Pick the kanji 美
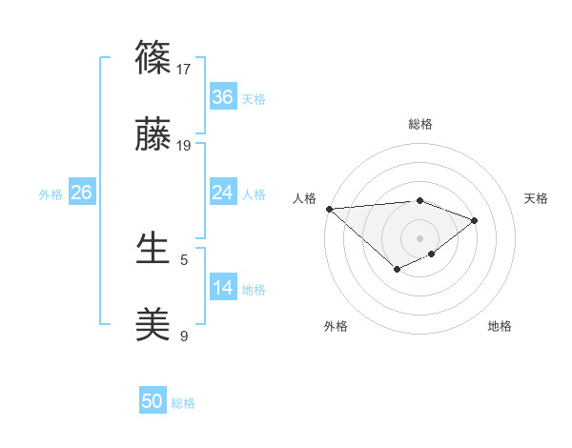pyautogui.click(x=153, y=325)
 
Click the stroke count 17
pyautogui.click(x=185, y=69)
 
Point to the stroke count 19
pyautogui.click(x=185, y=146)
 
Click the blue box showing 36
pyautogui.click(x=222, y=97)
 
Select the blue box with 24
pyautogui.click(x=222, y=193)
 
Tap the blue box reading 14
pyautogui.click(x=222, y=288)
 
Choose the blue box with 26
pyautogui.click(x=81, y=193)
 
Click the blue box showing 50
pyautogui.click(x=153, y=401)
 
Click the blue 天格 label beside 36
pyautogui.click(x=254, y=99)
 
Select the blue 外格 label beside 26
pyautogui.click(x=51, y=194)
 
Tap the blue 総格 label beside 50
pyautogui.click(x=183, y=403)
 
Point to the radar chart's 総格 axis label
pyautogui.click(x=420, y=124)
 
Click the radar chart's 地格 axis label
pyautogui.click(x=500, y=326)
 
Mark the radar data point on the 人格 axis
pyautogui.click(x=328, y=208)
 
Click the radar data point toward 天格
pyautogui.click(x=475, y=220)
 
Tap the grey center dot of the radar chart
pyautogui.click(x=420, y=237)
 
